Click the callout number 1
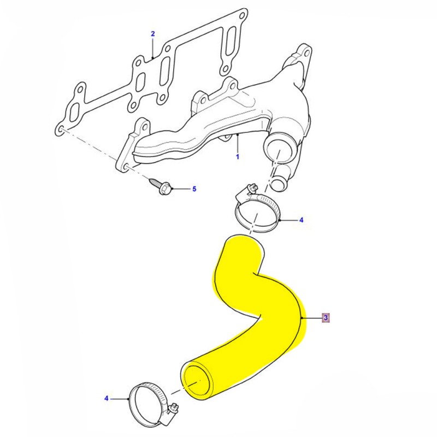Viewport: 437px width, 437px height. click(238, 157)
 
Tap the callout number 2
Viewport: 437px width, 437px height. click(153, 34)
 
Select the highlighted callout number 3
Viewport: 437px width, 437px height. click(326, 317)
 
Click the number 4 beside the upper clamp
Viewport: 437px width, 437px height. click(301, 221)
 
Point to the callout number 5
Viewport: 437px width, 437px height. click(193, 190)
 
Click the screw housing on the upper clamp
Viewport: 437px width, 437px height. click(246, 191)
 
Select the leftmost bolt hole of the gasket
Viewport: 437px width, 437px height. click(63, 128)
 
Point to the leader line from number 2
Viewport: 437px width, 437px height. click(153, 47)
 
